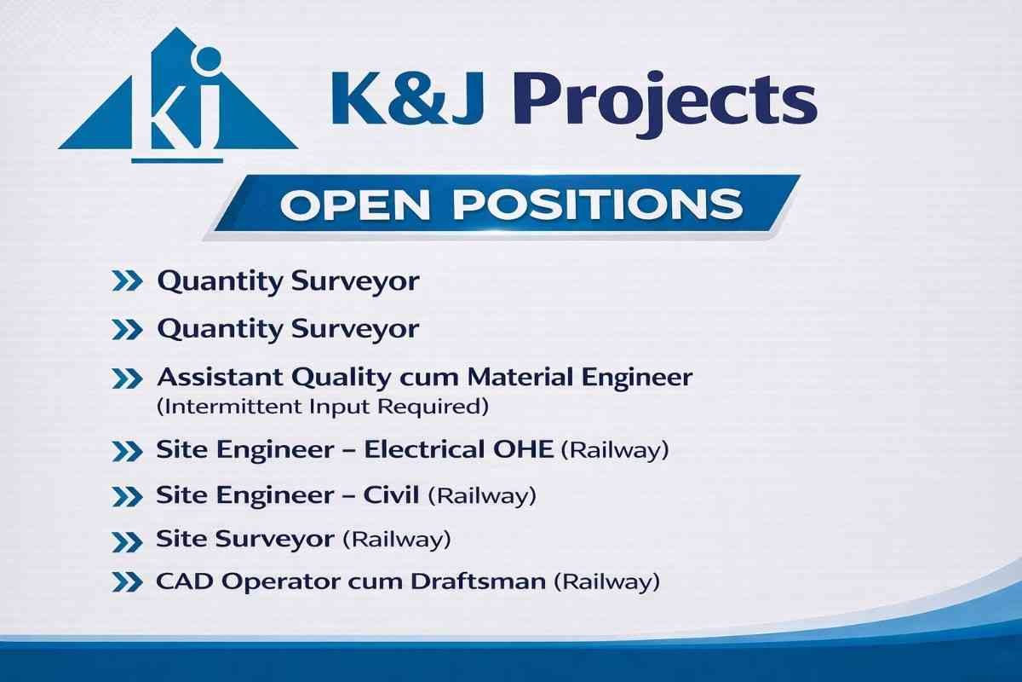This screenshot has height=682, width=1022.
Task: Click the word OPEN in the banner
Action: click(x=355, y=205)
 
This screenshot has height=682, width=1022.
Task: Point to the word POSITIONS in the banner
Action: click(x=598, y=205)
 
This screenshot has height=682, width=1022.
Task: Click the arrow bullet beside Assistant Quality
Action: click(x=127, y=379)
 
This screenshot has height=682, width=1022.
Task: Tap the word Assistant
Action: click(x=220, y=378)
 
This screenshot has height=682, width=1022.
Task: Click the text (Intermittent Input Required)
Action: click(x=323, y=406)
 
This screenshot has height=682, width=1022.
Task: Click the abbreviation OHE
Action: click(x=523, y=449)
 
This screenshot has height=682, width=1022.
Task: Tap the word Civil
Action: click(x=391, y=494)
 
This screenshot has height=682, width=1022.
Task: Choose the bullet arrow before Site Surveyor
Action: click(x=127, y=542)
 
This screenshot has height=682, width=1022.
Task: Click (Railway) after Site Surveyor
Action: click(x=397, y=540)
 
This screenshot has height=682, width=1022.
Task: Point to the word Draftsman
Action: click(x=478, y=581)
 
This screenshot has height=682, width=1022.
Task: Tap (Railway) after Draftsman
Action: click(x=606, y=582)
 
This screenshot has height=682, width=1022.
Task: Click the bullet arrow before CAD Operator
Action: click(x=127, y=583)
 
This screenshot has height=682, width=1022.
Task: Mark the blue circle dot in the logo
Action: click(x=208, y=59)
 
